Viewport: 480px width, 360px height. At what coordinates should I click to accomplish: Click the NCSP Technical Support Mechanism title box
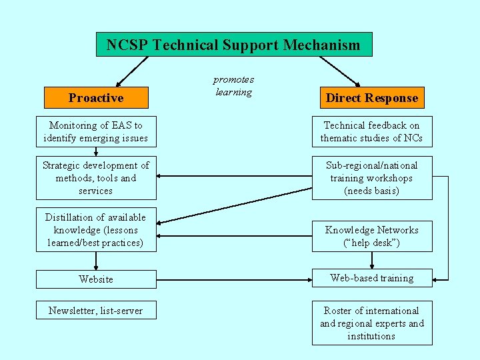tap(233, 45)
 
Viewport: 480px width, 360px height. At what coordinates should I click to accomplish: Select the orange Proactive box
tap(96, 98)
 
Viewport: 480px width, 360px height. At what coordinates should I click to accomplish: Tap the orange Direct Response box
tap(371, 98)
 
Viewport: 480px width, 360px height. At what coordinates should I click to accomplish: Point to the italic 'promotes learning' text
tap(233, 86)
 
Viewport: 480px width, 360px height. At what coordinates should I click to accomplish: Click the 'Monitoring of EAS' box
tap(96, 131)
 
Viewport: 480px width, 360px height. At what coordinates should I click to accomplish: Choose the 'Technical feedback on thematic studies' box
tap(371, 131)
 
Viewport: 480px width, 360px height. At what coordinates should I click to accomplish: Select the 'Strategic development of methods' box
tap(96, 178)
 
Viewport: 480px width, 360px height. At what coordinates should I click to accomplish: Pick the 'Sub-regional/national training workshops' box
tap(371, 178)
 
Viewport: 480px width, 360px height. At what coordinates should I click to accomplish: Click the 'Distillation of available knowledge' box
tap(96, 230)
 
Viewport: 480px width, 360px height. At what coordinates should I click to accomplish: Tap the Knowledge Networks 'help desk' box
tap(371, 236)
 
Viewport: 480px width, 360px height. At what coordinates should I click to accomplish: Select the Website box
tap(96, 279)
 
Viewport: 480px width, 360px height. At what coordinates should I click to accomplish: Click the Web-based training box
tap(371, 278)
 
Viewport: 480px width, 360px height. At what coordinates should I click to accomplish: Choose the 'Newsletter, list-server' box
tap(96, 310)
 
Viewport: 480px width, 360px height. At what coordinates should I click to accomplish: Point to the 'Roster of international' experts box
tap(371, 323)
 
